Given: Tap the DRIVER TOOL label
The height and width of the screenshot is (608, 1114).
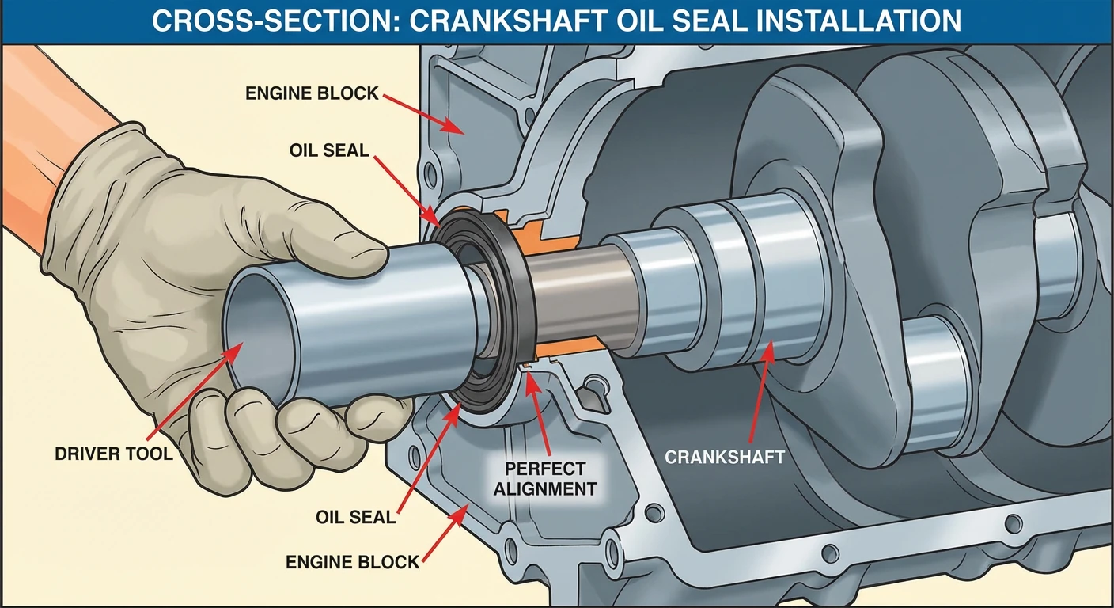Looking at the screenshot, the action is click(x=114, y=454).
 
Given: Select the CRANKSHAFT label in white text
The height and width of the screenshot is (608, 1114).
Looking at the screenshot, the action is click(x=725, y=458).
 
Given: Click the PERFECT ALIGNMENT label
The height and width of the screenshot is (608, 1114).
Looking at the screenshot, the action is click(x=545, y=479).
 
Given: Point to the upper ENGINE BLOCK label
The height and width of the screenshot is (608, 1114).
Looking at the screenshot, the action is click(x=312, y=93).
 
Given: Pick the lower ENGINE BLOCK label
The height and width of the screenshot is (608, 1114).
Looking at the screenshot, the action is click(x=353, y=562).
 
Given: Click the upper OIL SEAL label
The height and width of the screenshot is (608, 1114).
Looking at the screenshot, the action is click(x=329, y=150).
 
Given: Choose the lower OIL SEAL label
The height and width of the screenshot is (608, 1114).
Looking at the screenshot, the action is click(x=355, y=517).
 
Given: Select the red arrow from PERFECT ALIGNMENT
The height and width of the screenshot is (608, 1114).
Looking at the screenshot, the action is click(x=540, y=414).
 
